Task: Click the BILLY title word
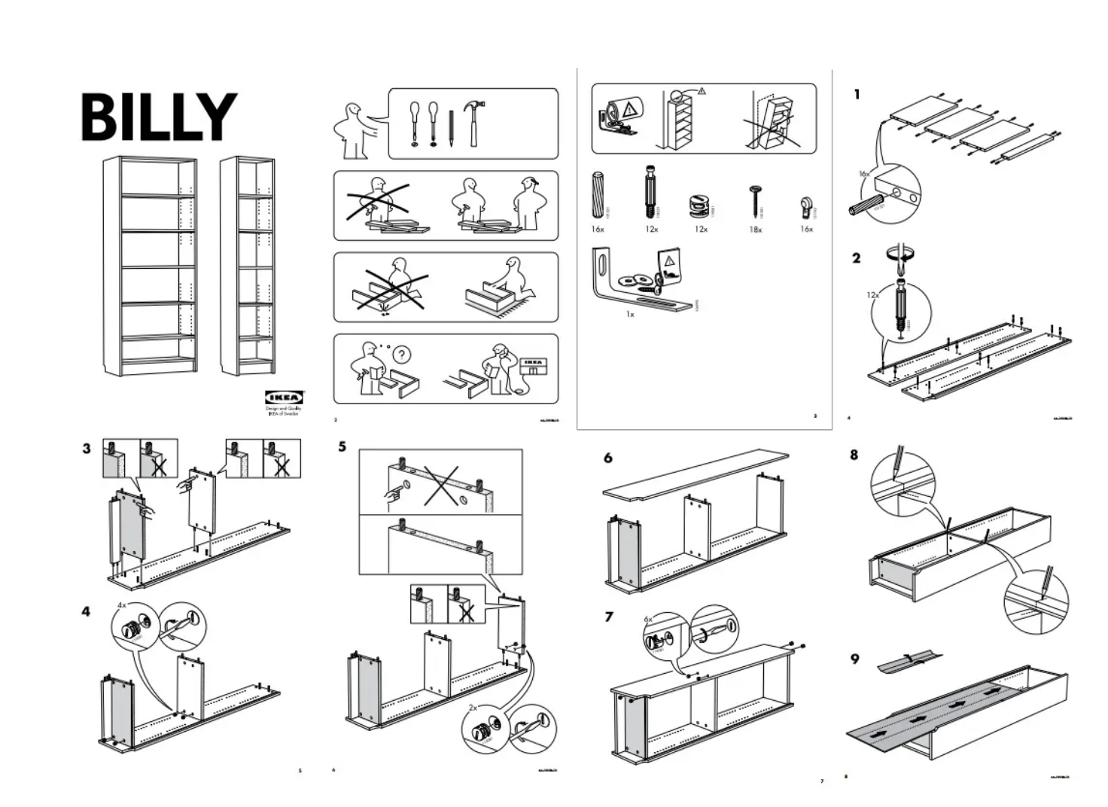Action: (x=159, y=117)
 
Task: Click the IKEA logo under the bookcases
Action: (x=284, y=397)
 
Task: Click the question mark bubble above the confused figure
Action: (x=403, y=354)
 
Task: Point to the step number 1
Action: (x=857, y=95)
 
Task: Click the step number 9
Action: (x=855, y=659)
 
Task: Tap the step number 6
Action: (x=608, y=458)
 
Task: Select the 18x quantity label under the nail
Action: (x=755, y=230)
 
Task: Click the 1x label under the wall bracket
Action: (x=630, y=314)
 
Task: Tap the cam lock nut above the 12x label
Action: (x=700, y=205)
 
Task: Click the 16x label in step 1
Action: (x=864, y=174)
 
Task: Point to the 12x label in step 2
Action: (x=872, y=295)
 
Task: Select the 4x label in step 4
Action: (x=122, y=604)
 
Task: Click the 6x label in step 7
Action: (x=648, y=618)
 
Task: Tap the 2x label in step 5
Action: (x=473, y=708)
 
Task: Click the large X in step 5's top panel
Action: (x=442, y=485)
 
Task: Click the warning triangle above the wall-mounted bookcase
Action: (x=702, y=91)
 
